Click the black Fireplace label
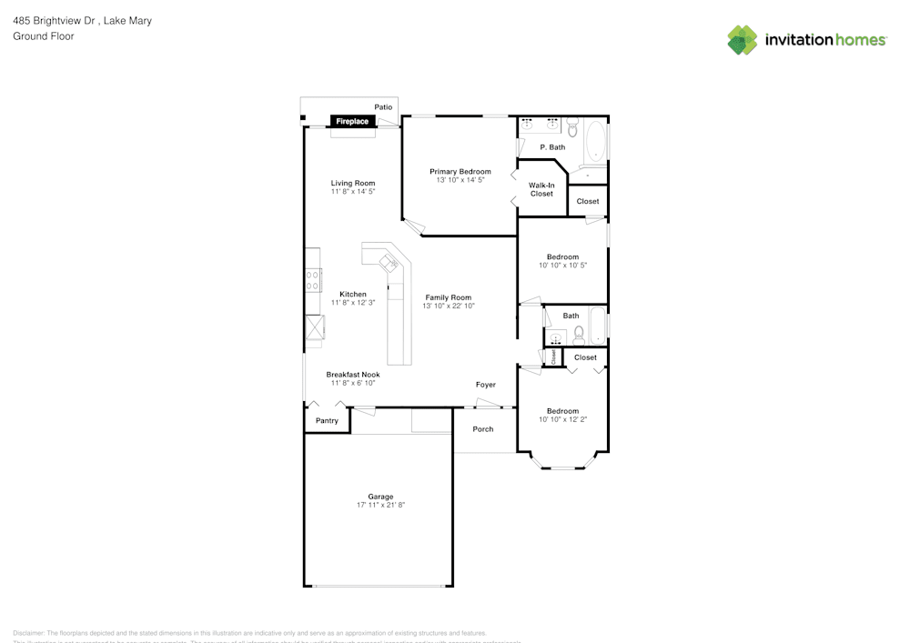point(352,121)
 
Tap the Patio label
point(383,107)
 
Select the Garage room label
point(380,497)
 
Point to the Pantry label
point(327,421)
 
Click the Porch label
point(483,429)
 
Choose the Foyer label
point(486,385)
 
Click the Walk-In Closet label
point(541,189)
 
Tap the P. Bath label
point(552,147)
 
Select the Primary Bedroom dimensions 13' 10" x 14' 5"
point(460,180)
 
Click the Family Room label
point(448,297)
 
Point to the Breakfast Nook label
point(353,375)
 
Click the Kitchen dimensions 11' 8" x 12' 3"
point(353,303)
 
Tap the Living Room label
point(353,184)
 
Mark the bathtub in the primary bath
point(595,146)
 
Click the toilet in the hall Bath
point(579,336)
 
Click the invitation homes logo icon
point(743,40)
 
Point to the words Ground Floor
point(44,36)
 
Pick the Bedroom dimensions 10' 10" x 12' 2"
point(563,419)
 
